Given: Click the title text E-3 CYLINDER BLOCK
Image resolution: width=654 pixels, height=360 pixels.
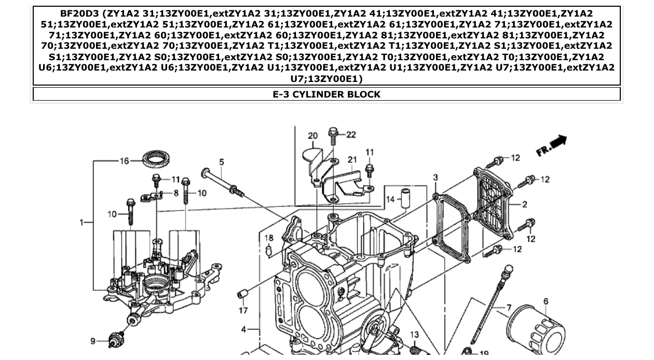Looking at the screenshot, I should pyautogui.click(x=326, y=94).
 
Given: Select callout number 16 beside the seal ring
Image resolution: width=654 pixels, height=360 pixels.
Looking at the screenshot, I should pyautogui.click(x=125, y=161).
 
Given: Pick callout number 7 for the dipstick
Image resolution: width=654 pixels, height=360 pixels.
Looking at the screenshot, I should pyautogui.click(x=509, y=308).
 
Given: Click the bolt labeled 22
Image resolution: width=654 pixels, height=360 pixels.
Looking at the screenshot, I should pyautogui.click(x=334, y=136).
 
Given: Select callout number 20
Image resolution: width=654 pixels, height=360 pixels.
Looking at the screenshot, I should pyautogui.click(x=312, y=136).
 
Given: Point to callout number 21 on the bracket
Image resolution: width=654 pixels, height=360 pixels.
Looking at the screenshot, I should pyautogui.click(x=352, y=159).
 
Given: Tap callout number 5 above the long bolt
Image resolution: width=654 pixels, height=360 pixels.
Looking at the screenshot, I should pyautogui.click(x=222, y=162).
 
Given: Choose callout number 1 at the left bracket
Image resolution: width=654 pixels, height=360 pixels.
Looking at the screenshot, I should pyautogui.click(x=81, y=223).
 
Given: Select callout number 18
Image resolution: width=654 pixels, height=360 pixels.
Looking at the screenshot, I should pyautogui.click(x=269, y=238).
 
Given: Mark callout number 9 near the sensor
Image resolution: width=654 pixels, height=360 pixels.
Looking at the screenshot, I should pyautogui.click(x=93, y=341).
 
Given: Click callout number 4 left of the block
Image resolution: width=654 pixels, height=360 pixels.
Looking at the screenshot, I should pyautogui.click(x=244, y=329).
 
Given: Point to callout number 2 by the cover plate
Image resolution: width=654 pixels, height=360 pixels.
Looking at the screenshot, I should pyautogui.click(x=525, y=205).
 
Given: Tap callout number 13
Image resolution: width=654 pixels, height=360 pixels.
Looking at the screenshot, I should pyautogui.click(x=414, y=335).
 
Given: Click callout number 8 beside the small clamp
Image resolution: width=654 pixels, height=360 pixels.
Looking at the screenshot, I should pyautogui.click(x=176, y=193).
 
